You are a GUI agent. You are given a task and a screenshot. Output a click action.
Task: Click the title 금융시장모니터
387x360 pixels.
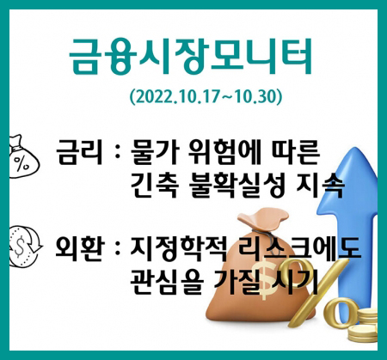(190, 57)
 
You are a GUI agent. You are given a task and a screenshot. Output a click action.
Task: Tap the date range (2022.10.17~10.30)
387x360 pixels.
(206, 97)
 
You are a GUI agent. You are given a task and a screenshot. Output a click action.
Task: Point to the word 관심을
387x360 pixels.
(167, 282)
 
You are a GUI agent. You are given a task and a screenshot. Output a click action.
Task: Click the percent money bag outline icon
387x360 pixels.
(23, 157)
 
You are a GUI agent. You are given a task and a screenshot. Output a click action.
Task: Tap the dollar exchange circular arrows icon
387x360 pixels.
(25, 247)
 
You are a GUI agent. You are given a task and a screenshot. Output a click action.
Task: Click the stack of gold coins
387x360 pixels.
(363, 325)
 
